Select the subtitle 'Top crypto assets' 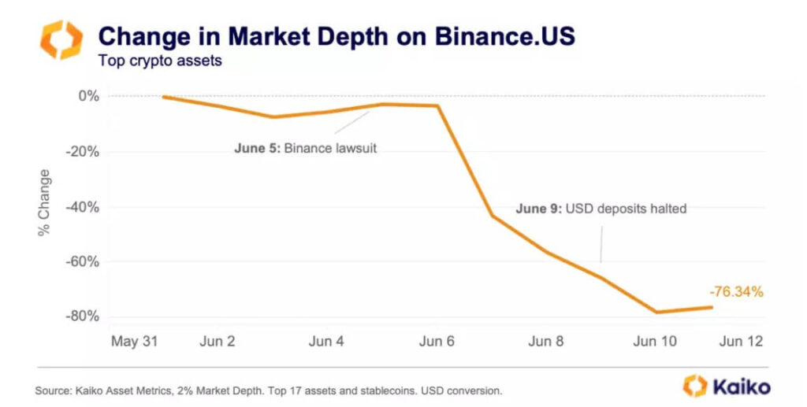[x=159, y=61]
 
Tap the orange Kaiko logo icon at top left [x=61, y=40]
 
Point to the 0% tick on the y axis [x=88, y=96]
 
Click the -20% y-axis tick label [x=83, y=152]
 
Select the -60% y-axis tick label [x=83, y=261]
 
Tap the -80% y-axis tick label [x=83, y=316]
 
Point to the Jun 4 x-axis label [x=325, y=342]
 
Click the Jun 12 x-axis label [x=742, y=342]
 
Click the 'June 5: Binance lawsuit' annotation [x=306, y=148]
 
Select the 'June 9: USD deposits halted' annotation [x=601, y=209]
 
